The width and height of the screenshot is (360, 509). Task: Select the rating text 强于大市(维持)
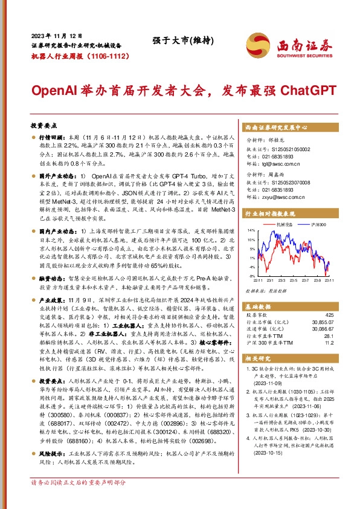pyautogui.click(x=172, y=41)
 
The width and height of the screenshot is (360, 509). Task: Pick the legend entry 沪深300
pyautogui.click(x=318, y=224)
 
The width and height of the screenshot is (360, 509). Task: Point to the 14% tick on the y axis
pyautogui.click(x=249, y=231)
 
